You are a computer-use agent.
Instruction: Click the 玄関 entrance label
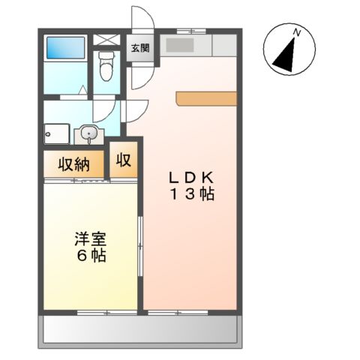coord(139,49)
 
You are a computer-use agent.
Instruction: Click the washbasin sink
coord(89,135)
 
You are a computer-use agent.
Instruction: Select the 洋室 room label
coord(89,239)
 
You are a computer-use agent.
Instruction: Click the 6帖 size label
coord(89,256)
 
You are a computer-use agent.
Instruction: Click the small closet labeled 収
coord(124,160)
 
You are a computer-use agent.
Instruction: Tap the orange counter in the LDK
coord(206,98)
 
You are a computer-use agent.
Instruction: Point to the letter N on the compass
coord(297,31)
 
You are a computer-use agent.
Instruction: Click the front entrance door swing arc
coord(142,19)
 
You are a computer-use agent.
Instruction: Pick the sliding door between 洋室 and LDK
coord(141,248)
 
